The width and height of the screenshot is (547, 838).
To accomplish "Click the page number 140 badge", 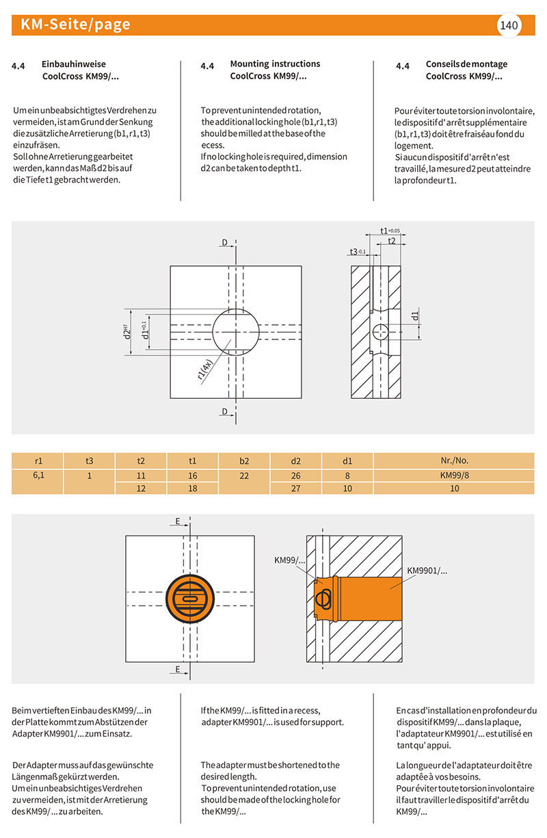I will pos(509,26).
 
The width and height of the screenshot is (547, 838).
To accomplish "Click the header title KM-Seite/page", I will pos(76,25).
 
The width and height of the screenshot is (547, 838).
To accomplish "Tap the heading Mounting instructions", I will pos(275,64).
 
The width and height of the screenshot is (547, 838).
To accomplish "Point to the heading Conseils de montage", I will pos(466,64).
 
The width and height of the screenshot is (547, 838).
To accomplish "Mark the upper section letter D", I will pos(224,242).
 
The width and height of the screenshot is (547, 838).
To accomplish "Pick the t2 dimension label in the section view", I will pos(391,241).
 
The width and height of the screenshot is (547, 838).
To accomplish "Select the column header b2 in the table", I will pos(245,460).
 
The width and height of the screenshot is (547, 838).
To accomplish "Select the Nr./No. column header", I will pos(455,460).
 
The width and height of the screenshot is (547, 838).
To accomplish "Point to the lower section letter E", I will pos(178,669).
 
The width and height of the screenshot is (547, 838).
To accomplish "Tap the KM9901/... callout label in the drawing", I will pos(427,570).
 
